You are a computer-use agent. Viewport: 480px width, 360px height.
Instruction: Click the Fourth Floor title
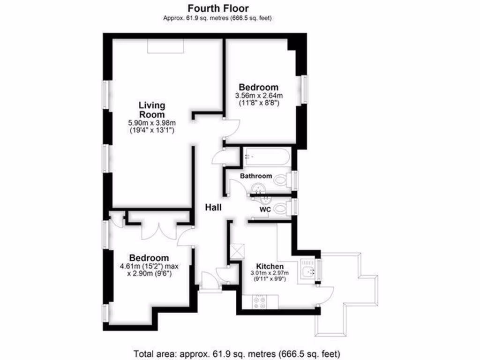tap(218, 8)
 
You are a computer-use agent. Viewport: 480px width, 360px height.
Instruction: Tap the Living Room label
tap(151, 110)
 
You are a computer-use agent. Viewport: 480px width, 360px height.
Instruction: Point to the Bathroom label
tap(256, 176)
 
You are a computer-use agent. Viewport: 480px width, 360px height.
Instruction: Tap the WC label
tap(265, 210)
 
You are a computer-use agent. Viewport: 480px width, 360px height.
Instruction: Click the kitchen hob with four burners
tap(259, 302)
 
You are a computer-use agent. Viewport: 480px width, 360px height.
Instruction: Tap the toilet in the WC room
tap(281, 207)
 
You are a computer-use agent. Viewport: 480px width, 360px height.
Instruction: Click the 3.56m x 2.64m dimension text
tap(259, 96)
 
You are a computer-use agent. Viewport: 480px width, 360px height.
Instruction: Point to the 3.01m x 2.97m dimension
tap(270, 273)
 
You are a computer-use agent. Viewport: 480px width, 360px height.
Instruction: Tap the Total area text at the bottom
tap(237, 353)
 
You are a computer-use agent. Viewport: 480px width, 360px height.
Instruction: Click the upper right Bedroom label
tap(259, 87)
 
